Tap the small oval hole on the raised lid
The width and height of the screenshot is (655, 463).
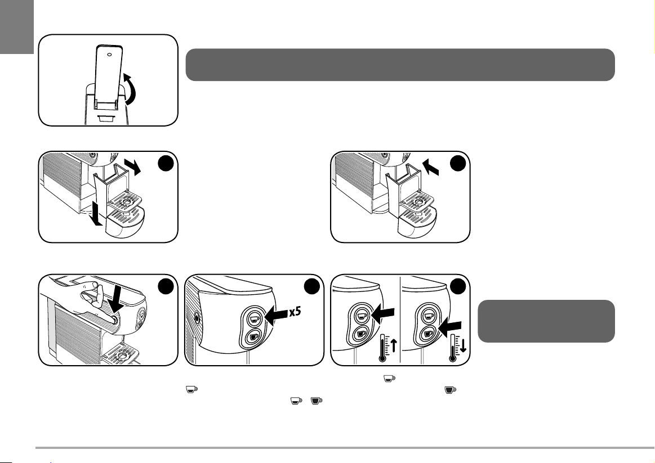pos(109,55)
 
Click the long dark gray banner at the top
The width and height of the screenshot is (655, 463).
pos(400,65)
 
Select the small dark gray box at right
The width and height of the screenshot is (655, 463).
pos(546,321)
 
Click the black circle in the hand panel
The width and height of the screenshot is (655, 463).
pos(165,287)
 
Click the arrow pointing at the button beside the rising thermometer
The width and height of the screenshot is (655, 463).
pos(384,313)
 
